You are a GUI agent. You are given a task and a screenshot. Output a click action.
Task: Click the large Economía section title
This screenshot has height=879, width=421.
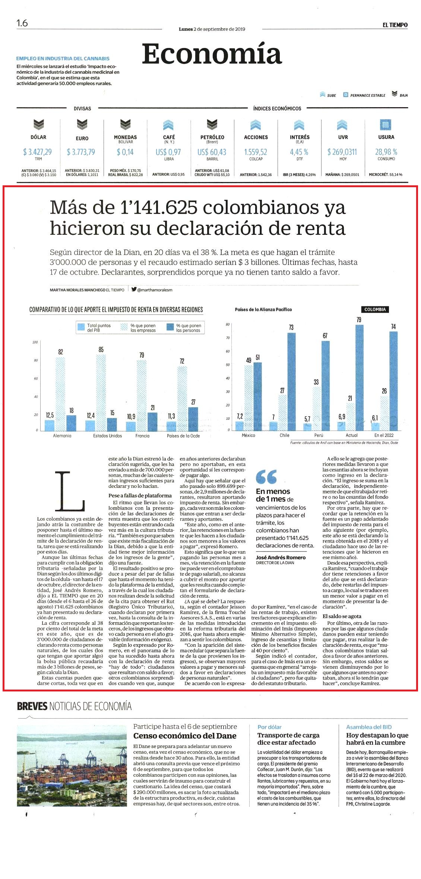pos(212,54)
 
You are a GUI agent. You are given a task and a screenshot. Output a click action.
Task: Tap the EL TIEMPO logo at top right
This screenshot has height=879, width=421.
pos(395,25)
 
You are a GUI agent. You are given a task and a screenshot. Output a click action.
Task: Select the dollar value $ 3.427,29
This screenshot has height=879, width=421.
pos(37,152)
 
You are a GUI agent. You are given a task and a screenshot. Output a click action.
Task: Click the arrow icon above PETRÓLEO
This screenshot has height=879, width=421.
pos(212,124)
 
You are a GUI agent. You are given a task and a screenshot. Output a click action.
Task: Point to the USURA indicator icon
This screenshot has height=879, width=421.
pos(386,124)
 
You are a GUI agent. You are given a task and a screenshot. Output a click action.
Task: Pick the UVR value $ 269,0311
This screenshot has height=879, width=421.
pos(342,152)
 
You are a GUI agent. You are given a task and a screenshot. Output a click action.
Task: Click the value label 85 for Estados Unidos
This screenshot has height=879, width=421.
pos(101,349)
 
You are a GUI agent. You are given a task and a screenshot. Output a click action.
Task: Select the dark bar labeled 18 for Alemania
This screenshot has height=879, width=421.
pos(72,423)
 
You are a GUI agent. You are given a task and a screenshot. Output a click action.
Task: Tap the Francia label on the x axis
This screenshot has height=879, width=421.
pos(142,436)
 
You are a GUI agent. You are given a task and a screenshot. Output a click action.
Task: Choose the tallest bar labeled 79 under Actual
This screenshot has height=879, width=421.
pos(360,377)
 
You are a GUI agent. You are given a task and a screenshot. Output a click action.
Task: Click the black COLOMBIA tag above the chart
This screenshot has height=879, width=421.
pos(375,309)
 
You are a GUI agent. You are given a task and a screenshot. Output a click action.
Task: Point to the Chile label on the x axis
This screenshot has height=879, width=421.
pos(285,435)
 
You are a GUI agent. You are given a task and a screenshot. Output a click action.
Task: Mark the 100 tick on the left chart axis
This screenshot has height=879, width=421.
pos(35,342)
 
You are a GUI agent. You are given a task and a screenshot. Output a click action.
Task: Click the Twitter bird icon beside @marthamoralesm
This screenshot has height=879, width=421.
pos(134,289)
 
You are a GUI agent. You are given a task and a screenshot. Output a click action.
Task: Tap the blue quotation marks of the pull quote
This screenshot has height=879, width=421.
pos(266,476)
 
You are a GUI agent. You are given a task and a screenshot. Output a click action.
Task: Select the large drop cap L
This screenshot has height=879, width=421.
pos(70,491)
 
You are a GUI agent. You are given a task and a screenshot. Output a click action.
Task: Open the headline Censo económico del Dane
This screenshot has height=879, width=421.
pos(185,736)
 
